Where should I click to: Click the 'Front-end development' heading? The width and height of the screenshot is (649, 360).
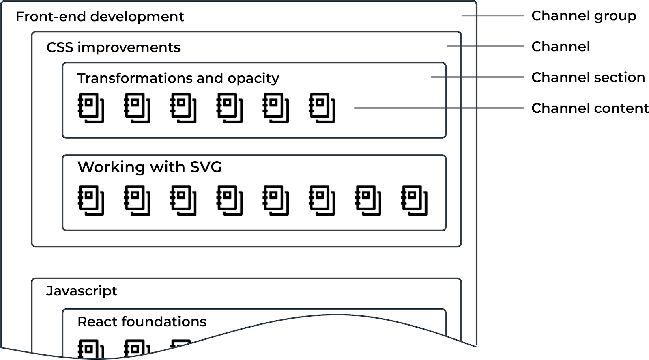pos(99,17)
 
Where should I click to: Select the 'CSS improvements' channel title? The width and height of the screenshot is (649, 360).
pos(113,47)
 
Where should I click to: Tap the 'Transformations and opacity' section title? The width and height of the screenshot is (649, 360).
pos(178,78)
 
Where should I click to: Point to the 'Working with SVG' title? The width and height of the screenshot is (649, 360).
pos(150,167)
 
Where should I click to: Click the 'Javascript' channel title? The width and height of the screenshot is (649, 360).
pos(82,291)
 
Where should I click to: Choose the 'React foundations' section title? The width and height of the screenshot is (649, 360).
pos(142,321)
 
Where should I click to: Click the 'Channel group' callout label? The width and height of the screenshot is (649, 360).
pos(584,16)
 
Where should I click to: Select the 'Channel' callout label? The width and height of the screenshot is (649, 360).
pos(561,47)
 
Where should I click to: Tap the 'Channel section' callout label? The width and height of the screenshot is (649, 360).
pos(588,77)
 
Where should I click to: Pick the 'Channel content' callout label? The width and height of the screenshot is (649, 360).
pos(590,108)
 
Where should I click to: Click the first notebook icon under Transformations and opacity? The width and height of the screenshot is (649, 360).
pos(91,108)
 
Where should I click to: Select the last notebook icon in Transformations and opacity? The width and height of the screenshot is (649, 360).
pos(322,108)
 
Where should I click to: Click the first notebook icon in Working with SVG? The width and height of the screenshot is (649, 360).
pos(91,200)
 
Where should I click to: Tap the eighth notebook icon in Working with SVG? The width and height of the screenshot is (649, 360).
pos(414,200)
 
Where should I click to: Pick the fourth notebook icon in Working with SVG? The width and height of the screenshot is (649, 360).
pos(230,200)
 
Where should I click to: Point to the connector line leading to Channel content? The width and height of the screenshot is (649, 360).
pos(438,108)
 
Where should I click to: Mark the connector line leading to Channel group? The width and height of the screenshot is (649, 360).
pos(492,15)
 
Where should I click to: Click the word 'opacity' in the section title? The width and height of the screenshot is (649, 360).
pos(253,78)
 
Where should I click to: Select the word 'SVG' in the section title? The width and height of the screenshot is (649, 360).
pos(206,167)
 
